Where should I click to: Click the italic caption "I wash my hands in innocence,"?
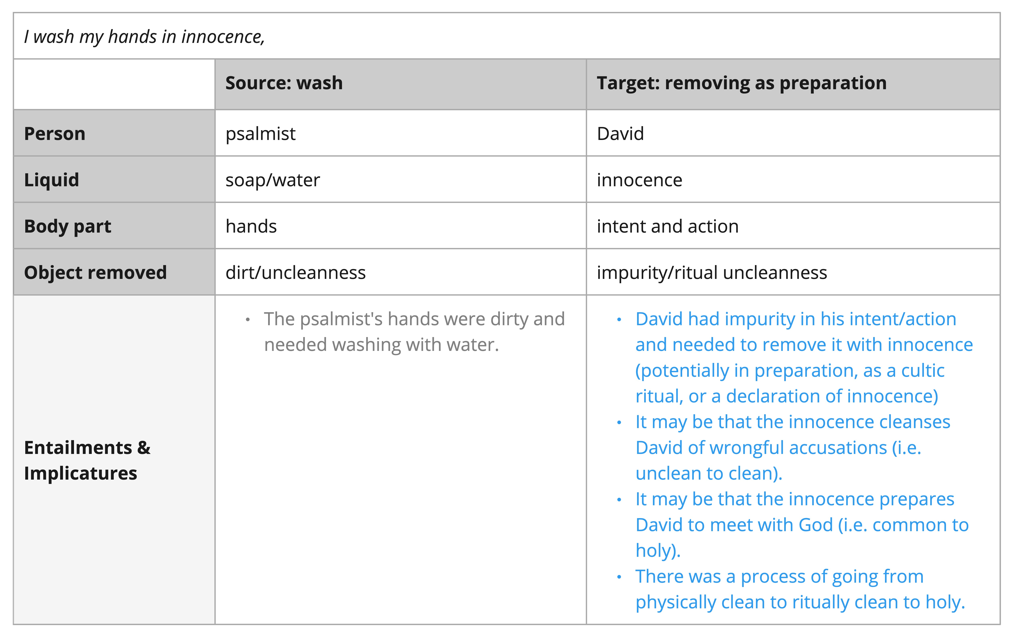point(144,37)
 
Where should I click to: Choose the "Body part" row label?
point(68,226)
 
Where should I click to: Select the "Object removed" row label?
point(95,272)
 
